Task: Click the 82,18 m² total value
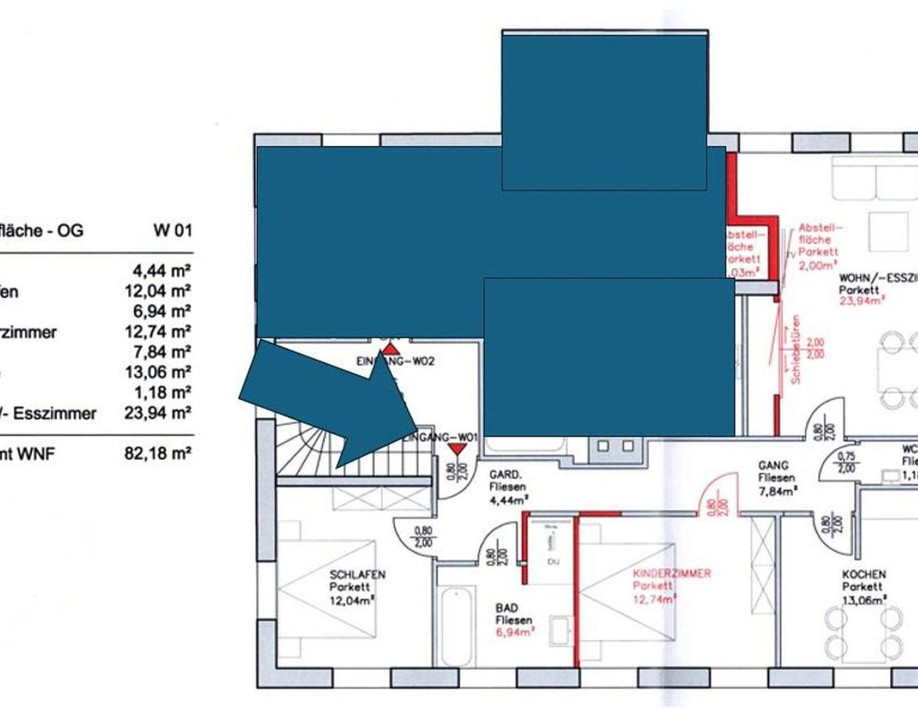coord(157,454)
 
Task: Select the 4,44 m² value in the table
coord(161,271)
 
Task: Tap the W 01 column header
coord(172,230)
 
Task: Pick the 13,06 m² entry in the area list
coord(157,372)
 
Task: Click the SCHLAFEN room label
coord(357,575)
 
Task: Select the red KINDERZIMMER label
coord(671,574)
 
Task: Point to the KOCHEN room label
coord(864,575)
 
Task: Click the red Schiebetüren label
coord(795,349)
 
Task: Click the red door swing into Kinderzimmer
coord(717,492)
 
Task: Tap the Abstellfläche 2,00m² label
coord(818,246)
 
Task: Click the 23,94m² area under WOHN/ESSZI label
coord(861,301)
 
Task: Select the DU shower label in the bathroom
coord(553,561)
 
